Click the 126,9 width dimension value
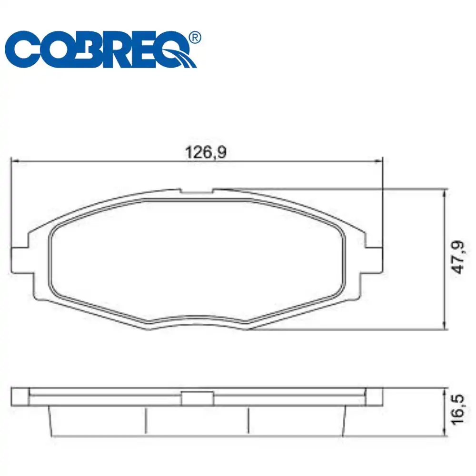[x=205, y=152]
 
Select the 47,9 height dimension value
[x=458, y=258]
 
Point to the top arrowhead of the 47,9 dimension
[x=445, y=192]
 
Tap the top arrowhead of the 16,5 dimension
[x=445, y=391]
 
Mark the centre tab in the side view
[x=197, y=398]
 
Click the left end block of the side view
[x=20, y=397]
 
